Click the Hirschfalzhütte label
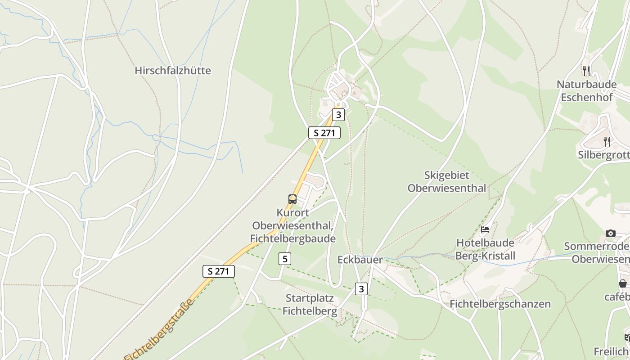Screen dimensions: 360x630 pyautogui.click(x=173, y=71)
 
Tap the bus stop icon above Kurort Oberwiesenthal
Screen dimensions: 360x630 pyautogui.click(x=292, y=199)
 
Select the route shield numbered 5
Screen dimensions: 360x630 pyautogui.click(x=285, y=259)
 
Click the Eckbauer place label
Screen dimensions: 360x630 pyautogui.click(x=360, y=260)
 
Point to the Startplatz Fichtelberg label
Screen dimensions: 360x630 pyautogui.click(x=310, y=305)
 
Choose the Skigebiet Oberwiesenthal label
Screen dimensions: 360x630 pyautogui.click(x=447, y=182)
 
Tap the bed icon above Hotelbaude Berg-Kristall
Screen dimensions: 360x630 pyautogui.click(x=485, y=229)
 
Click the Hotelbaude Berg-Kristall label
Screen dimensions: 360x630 pyautogui.click(x=485, y=249)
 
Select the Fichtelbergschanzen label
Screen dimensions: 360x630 pyautogui.click(x=500, y=304)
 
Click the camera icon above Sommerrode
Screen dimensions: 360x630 pyautogui.click(x=610, y=233)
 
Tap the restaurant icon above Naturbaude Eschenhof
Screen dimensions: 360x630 pyautogui.click(x=586, y=71)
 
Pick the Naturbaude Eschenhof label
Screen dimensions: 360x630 pyautogui.click(x=586, y=91)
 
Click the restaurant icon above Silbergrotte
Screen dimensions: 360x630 pyautogui.click(x=607, y=142)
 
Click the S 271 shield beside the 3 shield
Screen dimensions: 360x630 pyautogui.click(x=324, y=133)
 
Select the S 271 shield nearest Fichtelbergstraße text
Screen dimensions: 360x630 pyautogui.click(x=219, y=271)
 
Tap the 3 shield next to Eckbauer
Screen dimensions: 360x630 pyautogui.click(x=361, y=288)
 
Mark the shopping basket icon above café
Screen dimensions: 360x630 pyautogui.click(x=623, y=283)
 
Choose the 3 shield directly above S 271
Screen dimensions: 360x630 pyautogui.click(x=338, y=115)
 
